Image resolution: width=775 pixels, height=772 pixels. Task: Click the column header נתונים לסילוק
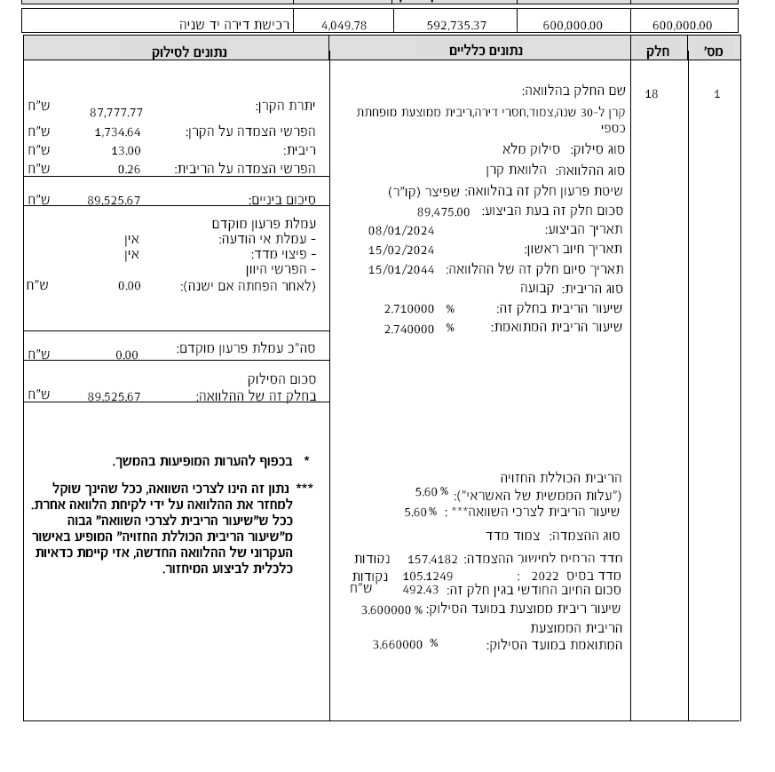point(190,52)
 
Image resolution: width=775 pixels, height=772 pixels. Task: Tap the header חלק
point(657,52)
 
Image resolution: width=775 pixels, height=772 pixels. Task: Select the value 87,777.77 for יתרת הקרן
point(116,113)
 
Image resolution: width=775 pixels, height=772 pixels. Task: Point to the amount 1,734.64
point(117,132)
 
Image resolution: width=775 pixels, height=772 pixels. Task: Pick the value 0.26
point(129,170)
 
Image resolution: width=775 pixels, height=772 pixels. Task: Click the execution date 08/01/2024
point(401,231)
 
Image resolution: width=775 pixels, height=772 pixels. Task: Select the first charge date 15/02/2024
point(401,251)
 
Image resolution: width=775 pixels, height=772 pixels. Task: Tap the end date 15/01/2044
point(401,270)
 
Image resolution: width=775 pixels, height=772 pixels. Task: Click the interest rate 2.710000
point(409,309)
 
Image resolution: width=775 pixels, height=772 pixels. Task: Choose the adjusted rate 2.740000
point(409,329)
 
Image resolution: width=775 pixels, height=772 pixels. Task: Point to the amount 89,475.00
point(443,212)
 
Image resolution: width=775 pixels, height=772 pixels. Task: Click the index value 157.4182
point(432,560)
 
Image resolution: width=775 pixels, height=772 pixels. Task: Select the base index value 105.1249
point(428,577)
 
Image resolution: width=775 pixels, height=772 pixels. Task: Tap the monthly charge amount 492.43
point(421,590)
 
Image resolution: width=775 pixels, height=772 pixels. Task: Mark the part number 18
point(652,94)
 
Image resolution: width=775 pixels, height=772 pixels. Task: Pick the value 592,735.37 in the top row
point(456,26)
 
